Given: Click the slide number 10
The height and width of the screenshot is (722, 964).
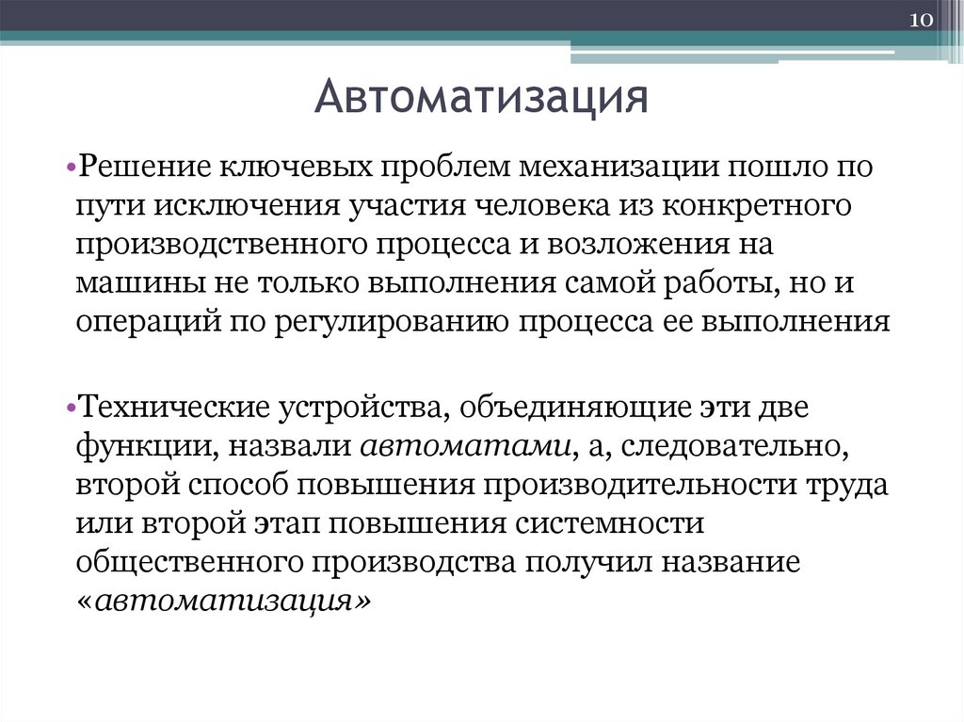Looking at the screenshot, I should (x=919, y=21).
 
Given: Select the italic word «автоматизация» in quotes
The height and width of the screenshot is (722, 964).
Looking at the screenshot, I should (x=224, y=602).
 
